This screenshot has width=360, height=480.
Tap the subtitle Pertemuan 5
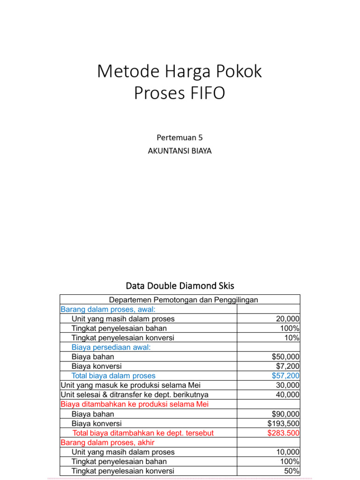click(x=180, y=137)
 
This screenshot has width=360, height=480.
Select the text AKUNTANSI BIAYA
click(x=180, y=151)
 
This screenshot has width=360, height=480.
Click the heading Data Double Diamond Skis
click(x=180, y=285)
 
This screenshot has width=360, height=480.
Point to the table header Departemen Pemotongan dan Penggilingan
click(x=183, y=300)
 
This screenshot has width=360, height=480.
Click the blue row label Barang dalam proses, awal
click(x=108, y=309)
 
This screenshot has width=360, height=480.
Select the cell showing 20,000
click(x=288, y=319)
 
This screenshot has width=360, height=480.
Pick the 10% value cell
click(x=292, y=338)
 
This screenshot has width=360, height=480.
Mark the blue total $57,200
click(x=286, y=375)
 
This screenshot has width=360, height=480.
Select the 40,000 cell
click(x=288, y=395)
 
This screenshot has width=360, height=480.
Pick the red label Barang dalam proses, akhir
click(x=108, y=442)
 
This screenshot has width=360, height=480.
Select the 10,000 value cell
click(x=288, y=452)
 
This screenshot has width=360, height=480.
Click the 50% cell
click(x=292, y=471)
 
